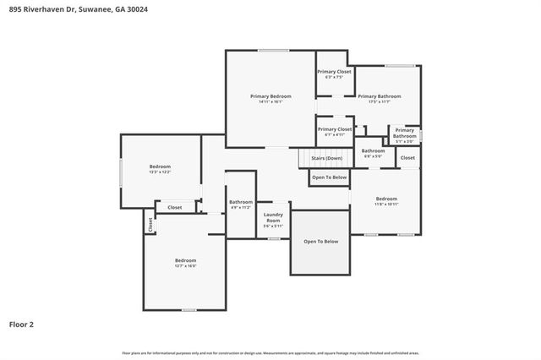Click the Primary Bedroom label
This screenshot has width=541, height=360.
(270, 96)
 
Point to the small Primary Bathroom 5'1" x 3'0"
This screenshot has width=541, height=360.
(404, 135)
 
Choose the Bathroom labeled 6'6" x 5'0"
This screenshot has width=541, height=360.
(373, 152)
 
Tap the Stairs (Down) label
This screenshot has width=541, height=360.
(326, 158)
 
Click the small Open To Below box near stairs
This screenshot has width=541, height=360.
(329, 177)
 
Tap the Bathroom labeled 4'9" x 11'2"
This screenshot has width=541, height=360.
(241, 204)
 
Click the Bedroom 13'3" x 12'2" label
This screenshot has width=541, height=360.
(160, 168)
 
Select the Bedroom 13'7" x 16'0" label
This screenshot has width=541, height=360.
(185, 262)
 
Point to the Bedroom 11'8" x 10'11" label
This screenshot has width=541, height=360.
(385, 199)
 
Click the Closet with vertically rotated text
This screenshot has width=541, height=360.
(150, 225)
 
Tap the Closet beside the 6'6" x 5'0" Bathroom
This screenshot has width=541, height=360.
(407, 158)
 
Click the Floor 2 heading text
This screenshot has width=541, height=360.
(22, 324)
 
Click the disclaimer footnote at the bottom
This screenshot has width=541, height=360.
(270, 352)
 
